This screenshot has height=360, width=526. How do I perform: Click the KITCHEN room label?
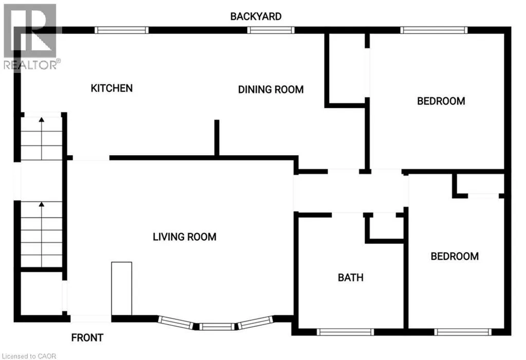(111, 88)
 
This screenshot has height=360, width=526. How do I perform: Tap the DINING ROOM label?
(271, 89)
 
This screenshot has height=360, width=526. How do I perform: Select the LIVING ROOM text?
(184, 237)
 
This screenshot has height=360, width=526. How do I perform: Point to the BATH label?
(350, 277)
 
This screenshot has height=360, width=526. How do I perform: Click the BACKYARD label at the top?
(255, 16)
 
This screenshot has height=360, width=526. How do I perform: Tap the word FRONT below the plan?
(87, 337)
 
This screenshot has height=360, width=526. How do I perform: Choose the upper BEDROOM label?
(441, 101)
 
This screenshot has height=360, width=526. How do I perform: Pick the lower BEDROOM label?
(455, 256)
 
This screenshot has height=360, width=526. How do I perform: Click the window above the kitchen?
(122, 30)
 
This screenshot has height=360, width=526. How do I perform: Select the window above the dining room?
(271, 30)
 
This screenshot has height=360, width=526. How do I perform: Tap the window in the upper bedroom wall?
(435, 30)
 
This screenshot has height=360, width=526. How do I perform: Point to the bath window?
(345, 332)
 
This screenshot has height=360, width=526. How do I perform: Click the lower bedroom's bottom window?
(460, 332)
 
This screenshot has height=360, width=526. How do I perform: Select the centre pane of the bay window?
(216, 326)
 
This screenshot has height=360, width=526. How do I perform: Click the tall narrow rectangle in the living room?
(122, 288)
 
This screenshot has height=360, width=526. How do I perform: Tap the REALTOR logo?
(31, 36)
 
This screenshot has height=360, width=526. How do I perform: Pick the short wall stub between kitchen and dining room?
(217, 137)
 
